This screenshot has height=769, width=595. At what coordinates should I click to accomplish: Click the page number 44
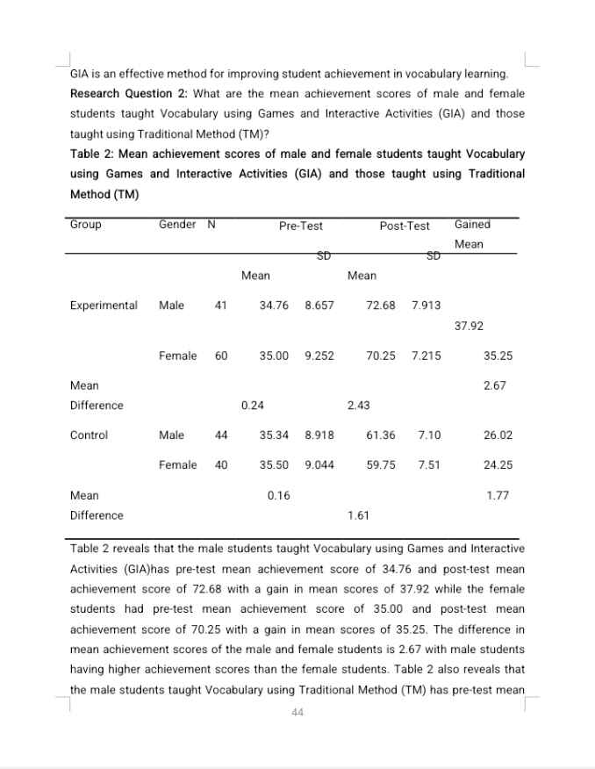click(297, 712)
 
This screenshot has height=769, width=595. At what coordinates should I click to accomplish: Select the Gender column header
click(177, 225)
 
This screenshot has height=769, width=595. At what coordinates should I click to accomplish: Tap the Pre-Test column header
click(301, 226)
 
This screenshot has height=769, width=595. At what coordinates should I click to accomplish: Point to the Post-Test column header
click(405, 226)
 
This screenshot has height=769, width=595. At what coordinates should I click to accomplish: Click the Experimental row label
click(104, 305)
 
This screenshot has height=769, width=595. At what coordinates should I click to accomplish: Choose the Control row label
click(89, 435)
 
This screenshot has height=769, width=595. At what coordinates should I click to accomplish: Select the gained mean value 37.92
click(470, 326)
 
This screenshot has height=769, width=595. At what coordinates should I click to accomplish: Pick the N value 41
click(221, 305)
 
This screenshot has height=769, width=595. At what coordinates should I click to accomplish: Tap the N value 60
click(221, 356)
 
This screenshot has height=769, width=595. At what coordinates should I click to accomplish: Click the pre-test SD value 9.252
click(319, 356)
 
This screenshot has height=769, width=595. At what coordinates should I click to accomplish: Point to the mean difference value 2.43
click(358, 406)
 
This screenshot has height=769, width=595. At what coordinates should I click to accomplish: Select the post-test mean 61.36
click(381, 435)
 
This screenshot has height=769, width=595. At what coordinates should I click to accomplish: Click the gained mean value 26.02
click(498, 435)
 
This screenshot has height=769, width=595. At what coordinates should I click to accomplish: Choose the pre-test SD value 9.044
click(319, 465)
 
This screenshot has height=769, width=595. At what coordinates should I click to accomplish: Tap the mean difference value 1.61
click(358, 515)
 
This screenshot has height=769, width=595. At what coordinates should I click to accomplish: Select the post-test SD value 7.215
click(427, 356)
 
